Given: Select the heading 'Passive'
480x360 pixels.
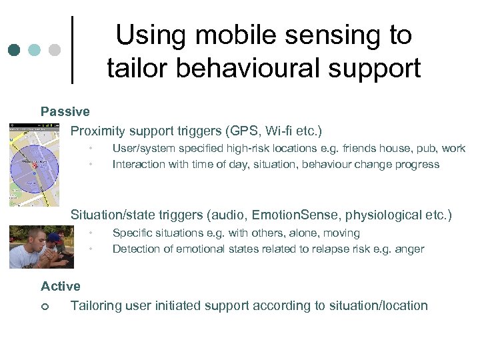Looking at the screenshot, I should click(x=65, y=111).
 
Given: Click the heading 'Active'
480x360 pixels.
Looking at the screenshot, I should click(x=60, y=286).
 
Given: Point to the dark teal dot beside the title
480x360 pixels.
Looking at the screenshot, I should click(x=15, y=51).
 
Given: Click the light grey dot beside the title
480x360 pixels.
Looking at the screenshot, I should click(x=55, y=51).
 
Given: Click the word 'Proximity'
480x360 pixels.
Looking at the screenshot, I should click(x=100, y=131).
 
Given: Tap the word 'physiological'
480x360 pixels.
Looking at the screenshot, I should click(x=391, y=215).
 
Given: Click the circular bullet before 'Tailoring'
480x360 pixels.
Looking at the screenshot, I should click(x=44, y=306).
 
